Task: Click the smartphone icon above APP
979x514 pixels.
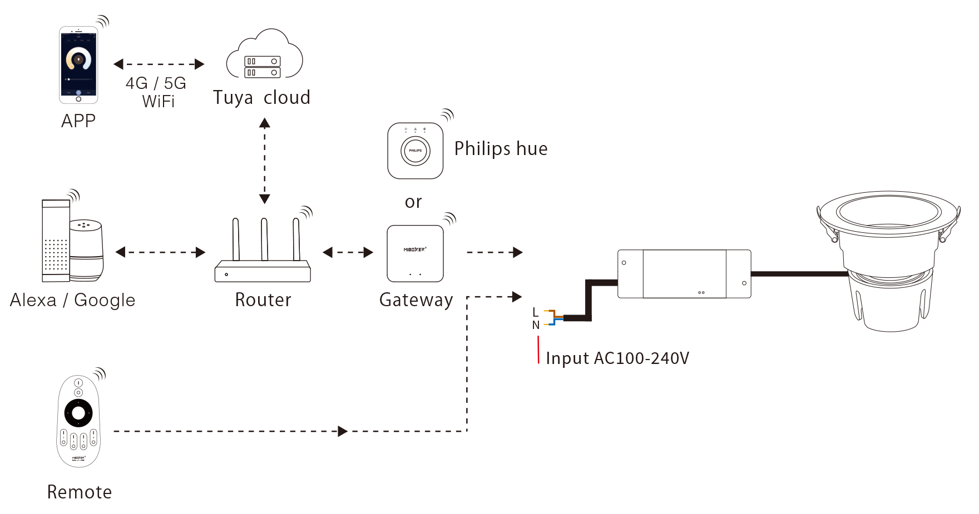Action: [x=78, y=65]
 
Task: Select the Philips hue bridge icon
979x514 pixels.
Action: [x=415, y=151]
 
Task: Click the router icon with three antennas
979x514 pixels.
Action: [x=263, y=253]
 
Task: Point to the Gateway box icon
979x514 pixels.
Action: [x=415, y=253]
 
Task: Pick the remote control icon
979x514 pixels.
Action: [x=78, y=421]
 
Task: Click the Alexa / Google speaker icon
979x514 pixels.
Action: [x=72, y=242]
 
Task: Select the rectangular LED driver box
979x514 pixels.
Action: [x=684, y=274]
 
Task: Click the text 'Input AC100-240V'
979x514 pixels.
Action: [x=617, y=358]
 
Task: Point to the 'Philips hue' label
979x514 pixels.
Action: [x=501, y=149]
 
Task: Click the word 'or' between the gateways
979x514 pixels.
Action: [x=413, y=202]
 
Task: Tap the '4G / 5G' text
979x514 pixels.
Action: [x=156, y=83]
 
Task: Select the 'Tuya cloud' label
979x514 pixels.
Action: [x=261, y=98]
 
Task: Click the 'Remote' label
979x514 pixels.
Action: [x=80, y=492]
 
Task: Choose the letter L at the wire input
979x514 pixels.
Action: [x=535, y=312]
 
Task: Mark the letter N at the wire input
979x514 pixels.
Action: [x=536, y=325]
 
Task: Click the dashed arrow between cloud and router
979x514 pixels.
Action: [x=265, y=161]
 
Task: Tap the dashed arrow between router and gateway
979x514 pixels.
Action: [x=348, y=253]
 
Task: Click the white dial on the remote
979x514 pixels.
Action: [x=78, y=413]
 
